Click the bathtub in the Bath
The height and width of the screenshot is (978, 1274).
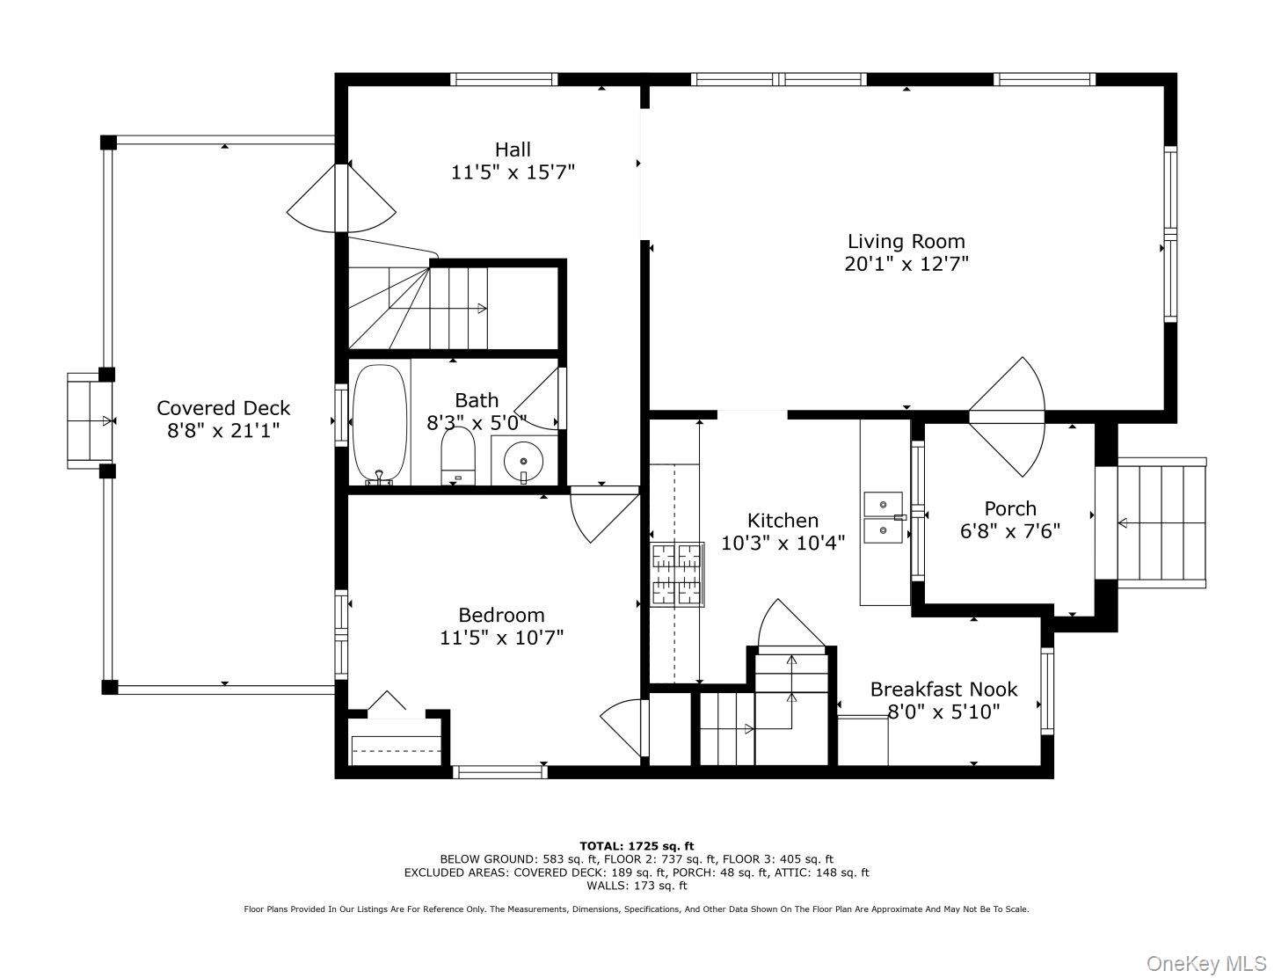coord(379,423)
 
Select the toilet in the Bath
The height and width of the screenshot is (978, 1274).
coord(457,456)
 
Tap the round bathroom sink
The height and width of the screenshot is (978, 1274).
coord(523,460)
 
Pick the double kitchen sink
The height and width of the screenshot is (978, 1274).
coord(885,518)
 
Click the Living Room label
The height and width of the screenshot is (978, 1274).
coord(906,241)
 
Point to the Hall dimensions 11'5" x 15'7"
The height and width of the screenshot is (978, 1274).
coord(513,172)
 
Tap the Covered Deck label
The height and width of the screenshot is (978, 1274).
coord(223,408)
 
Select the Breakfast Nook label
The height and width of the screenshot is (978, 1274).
coord(943,690)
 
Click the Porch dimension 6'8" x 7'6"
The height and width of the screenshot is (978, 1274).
coord(1009,531)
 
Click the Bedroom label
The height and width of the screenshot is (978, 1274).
coord(501,615)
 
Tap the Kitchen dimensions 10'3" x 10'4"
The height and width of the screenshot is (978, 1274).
coord(783,543)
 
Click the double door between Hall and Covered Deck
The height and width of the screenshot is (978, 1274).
coord(341,199)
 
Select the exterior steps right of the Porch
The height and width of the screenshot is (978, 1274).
coord(1161,522)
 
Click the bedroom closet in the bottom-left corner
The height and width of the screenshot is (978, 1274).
coord(395,742)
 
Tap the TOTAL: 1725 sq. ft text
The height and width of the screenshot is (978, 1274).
coord(636,846)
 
